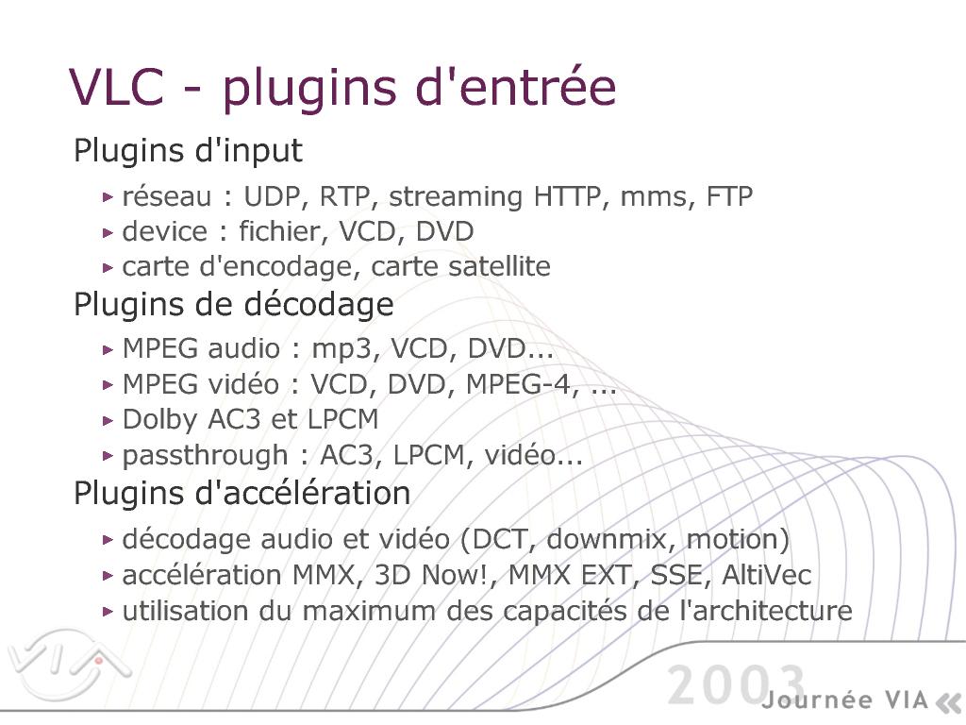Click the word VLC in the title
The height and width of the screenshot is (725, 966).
point(117,87)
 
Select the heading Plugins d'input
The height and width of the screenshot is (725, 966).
point(188,151)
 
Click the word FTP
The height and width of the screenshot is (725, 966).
point(729,196)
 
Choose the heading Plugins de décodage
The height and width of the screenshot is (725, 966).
point(234,305)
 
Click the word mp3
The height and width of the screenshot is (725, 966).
point(342,349)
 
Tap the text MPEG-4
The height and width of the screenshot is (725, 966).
point(519,385)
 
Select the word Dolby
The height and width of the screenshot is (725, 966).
point(161,420)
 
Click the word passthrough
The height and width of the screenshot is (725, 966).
point(205,456)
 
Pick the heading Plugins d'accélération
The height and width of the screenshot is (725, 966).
point(242,493)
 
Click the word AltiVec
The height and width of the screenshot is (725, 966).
point(766,575)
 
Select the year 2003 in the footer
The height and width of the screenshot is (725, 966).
point(736,684)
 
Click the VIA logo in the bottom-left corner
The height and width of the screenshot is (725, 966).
point(68,665)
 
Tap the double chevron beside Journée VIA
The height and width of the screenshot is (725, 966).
point(948,701)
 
